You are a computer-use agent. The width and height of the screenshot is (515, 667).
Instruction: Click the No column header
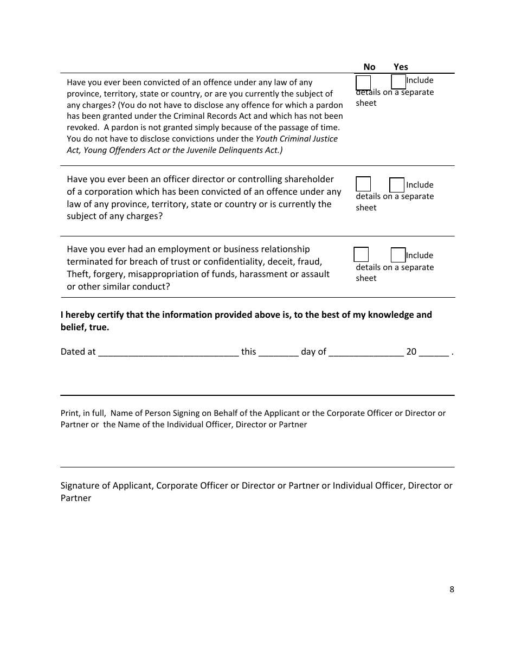[369, 67]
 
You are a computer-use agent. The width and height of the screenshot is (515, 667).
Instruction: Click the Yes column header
[401, 67]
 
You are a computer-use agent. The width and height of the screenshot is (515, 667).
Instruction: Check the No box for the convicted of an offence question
[363, 83]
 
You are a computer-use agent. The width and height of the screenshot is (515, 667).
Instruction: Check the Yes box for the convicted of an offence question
[398, 82]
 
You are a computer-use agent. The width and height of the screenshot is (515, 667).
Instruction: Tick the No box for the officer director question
[363, 184]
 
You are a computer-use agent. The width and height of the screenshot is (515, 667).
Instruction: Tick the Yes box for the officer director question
[397, 185]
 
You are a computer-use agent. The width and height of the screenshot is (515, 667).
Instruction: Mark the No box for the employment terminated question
[361, 254]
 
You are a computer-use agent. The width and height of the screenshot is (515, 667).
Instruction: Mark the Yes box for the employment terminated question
[398, 255]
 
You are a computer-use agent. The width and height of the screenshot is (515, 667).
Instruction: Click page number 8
[452, 589]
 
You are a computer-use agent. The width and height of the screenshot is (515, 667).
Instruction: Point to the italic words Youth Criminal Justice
[297, 139]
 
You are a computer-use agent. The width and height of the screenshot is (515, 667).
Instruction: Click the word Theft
[79, 274]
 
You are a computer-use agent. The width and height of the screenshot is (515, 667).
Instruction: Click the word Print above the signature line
[69, 413]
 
